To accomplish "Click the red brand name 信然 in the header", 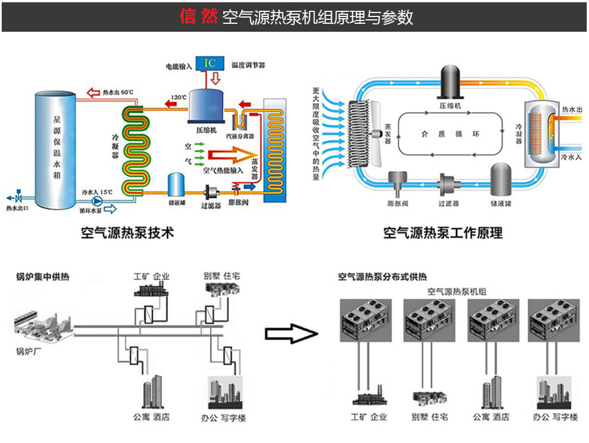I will tap(199, 16).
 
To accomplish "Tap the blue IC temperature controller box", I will tap(210, 63).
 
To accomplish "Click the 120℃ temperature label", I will tap(179, 98).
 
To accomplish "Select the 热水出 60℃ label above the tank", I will tap(118, 91).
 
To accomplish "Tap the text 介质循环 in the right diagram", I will tap(450, 134).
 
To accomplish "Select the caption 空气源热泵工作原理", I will tap(442, 233).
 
